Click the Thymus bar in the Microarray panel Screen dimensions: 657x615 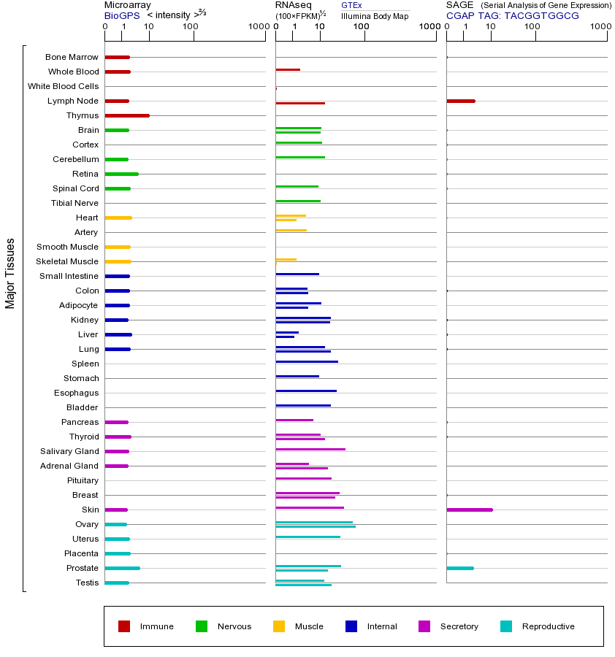(127, 115)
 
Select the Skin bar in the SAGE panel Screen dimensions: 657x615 (470, 510)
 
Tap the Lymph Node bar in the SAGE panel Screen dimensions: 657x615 (461, 101)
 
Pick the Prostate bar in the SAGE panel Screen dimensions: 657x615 (460, 568)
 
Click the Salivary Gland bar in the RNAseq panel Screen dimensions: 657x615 (310, 449)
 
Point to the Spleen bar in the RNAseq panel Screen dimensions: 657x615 (307, 361)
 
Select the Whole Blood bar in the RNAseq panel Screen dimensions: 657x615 (288, 69)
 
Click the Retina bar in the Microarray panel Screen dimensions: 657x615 (121, 174)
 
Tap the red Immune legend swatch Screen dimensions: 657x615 (124, 626)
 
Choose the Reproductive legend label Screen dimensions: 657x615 (548, 626)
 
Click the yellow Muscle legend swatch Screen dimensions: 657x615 (279, 626)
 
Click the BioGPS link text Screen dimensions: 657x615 (121, 15)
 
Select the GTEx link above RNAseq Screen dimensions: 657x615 (351, 5)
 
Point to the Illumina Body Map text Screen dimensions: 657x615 (375, 16)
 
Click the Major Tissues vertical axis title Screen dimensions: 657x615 (10, 273)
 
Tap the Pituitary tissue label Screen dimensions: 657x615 (83, 480)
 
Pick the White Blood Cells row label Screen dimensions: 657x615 (64, 86)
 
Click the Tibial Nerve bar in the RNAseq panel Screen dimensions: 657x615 (298, 201)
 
